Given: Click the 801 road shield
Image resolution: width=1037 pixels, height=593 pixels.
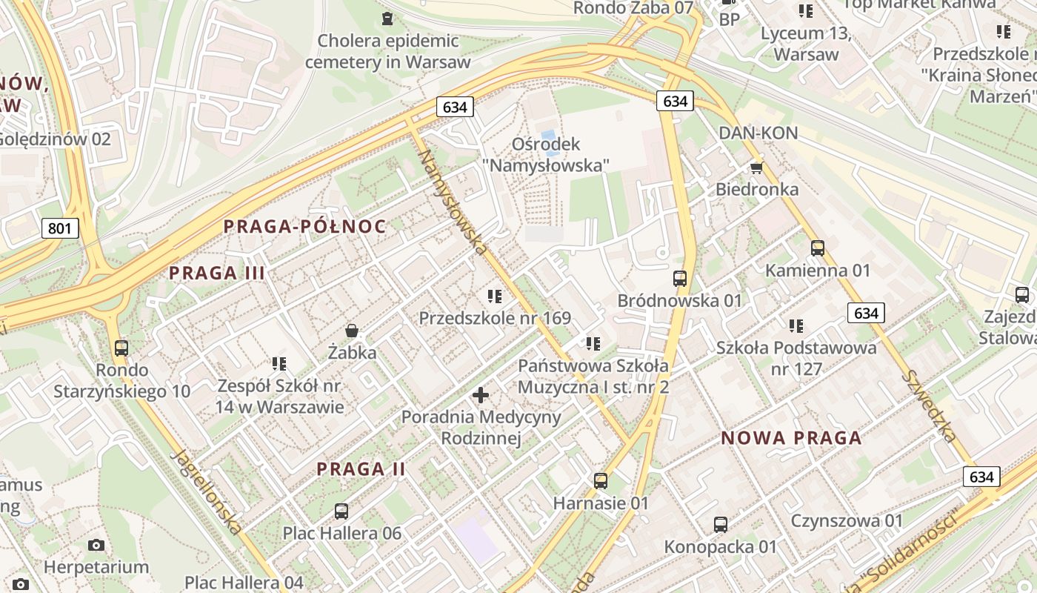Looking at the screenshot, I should click(x=59, y=228).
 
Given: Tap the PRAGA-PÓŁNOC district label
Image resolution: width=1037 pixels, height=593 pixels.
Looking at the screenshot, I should click(x=304, y=226).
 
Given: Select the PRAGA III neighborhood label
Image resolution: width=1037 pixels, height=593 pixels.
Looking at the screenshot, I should click(x=217, y=272).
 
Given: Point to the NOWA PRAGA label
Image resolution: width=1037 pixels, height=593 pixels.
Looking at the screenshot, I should click(x=791, y=437).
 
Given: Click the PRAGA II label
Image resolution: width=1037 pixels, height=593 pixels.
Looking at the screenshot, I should click(x=361, y=468).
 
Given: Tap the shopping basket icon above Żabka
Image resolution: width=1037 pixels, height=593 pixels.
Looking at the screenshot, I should click(x=352, y=330).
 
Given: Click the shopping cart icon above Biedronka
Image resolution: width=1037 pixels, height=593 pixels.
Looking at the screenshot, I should click(x=756, y=168).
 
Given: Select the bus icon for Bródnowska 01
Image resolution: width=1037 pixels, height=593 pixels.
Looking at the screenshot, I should click(x=679, y=279).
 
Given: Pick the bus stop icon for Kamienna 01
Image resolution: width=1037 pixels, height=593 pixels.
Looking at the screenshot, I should click(x=818, y=248).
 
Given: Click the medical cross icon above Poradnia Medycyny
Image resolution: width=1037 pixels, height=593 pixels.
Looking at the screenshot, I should click(x=481, y=395).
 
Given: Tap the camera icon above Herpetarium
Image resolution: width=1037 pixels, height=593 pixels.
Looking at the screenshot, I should click(x=96, y=546).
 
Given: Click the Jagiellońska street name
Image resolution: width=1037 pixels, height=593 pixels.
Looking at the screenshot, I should click(x=207, y=491).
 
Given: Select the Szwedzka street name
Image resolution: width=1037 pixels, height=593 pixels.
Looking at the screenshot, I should click(x=929, y=405).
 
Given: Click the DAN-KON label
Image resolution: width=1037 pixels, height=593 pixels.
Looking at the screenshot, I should click(x=758, y=133).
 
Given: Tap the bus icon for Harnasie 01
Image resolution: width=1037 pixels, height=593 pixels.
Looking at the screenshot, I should click(x=601, y=481).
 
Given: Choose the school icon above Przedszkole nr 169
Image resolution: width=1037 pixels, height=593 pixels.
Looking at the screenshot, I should click(x=495, y=296).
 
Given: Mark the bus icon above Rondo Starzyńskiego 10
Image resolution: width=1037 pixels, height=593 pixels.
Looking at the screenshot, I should click(x=121, y=348).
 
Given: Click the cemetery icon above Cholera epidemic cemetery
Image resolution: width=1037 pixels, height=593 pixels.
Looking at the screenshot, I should click(x=387, y=18).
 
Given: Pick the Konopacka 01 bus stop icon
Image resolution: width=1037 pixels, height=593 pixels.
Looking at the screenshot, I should click(x=720, y=525).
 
